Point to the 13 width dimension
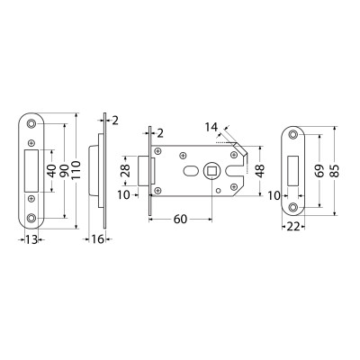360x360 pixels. (x=31, y=240)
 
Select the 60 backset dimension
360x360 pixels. (x=179, y=219)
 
